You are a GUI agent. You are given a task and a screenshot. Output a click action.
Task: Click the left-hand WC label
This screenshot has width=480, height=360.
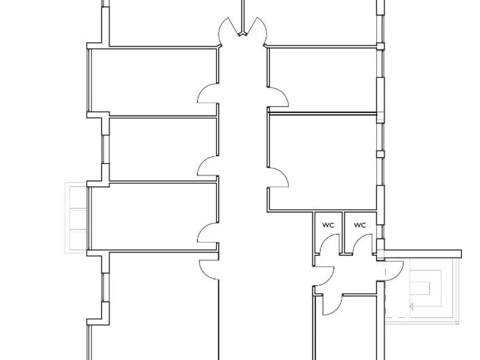point(328,225)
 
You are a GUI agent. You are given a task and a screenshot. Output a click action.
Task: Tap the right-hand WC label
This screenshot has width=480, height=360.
point(360,225)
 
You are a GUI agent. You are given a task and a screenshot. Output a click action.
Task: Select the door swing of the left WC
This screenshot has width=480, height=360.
point(330,243)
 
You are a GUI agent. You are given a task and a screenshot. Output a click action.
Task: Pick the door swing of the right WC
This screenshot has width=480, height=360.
point(362,243)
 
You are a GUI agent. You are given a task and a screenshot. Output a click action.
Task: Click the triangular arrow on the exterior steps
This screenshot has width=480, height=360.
point(411,306)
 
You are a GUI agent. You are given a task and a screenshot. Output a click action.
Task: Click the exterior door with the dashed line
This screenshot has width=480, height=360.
point(394,271)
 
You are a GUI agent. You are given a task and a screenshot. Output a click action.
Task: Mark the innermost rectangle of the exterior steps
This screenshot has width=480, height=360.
point(420,288)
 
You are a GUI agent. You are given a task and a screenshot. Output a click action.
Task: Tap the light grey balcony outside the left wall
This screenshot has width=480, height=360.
point(76,218)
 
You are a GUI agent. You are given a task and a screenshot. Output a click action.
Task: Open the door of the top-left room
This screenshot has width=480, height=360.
point(208,93)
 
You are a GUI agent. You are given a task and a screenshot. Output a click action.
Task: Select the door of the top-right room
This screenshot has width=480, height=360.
point(278,97)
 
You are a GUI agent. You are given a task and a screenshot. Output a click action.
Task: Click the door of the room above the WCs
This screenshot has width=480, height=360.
point(278,177)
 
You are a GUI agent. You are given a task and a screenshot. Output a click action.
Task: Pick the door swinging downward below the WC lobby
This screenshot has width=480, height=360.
point(332,305)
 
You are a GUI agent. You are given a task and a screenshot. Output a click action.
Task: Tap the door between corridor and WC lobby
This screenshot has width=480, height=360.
point(324,276)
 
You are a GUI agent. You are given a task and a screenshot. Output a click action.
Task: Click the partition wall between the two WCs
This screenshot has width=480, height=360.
point(343,233)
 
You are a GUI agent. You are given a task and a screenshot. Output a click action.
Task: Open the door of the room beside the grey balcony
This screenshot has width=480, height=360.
point(208,232)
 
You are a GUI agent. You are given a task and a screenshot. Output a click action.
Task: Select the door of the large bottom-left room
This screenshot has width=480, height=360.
point(209,270)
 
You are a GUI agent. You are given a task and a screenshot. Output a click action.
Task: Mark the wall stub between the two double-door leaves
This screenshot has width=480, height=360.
point(243,18)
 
